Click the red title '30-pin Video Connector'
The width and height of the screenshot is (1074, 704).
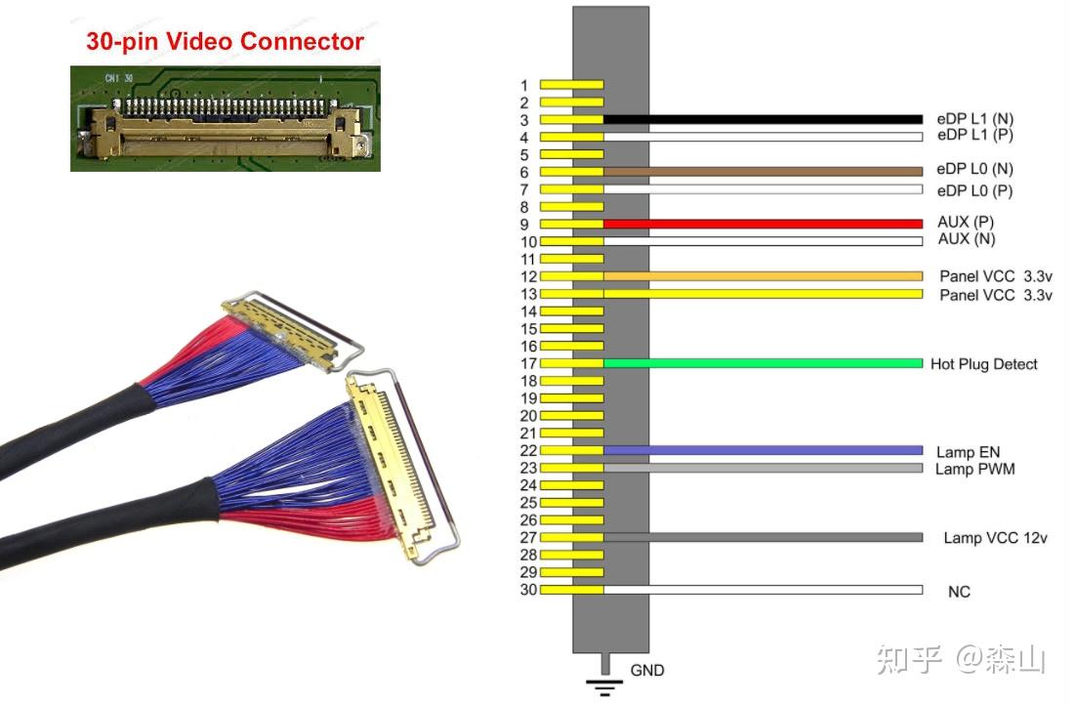coord(225,42)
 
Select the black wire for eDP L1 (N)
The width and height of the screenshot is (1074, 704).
coord(762,119)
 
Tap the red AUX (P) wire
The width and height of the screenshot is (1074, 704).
coord(762,224)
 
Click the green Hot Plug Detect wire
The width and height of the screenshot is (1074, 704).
coord(762,363)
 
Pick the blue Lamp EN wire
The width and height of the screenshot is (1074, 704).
coord(762,450)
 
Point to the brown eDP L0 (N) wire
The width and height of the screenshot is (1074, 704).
coord(762,171)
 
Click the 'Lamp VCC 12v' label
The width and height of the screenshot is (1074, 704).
coord(995,538)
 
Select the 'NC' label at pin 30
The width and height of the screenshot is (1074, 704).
coord(959,592)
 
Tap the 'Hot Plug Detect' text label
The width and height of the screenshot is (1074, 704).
coord(983,364)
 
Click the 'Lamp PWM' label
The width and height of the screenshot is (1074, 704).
coord(974,470)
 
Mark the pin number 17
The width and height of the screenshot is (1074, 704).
coord(528,364)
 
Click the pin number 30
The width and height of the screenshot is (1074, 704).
coord(528,590)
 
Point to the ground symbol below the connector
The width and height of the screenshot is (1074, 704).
coord(607,683)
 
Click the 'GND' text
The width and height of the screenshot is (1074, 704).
coord(646,671)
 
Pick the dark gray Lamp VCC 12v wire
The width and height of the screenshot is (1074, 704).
coord(762,537)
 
